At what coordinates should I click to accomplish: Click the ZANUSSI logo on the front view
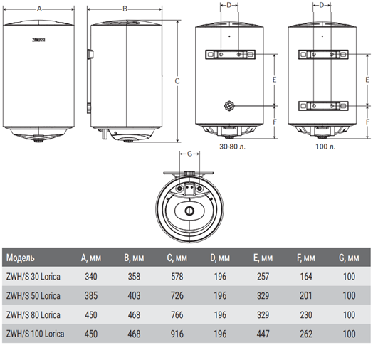click(38, 40)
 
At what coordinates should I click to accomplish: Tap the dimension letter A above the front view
click(39, 9)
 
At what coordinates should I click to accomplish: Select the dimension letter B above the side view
click(125, 9)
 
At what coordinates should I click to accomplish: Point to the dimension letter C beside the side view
click(177, 81)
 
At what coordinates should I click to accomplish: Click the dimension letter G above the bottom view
click(189, 154)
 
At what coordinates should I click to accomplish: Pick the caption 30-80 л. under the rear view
click(232, 147)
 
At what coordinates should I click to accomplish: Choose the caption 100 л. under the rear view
click(325, 147)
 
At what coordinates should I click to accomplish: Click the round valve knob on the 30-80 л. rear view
click(229, 105)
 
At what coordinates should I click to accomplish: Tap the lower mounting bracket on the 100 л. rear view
click(323, 106)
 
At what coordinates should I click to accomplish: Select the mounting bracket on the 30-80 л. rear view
click(230, 55)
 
